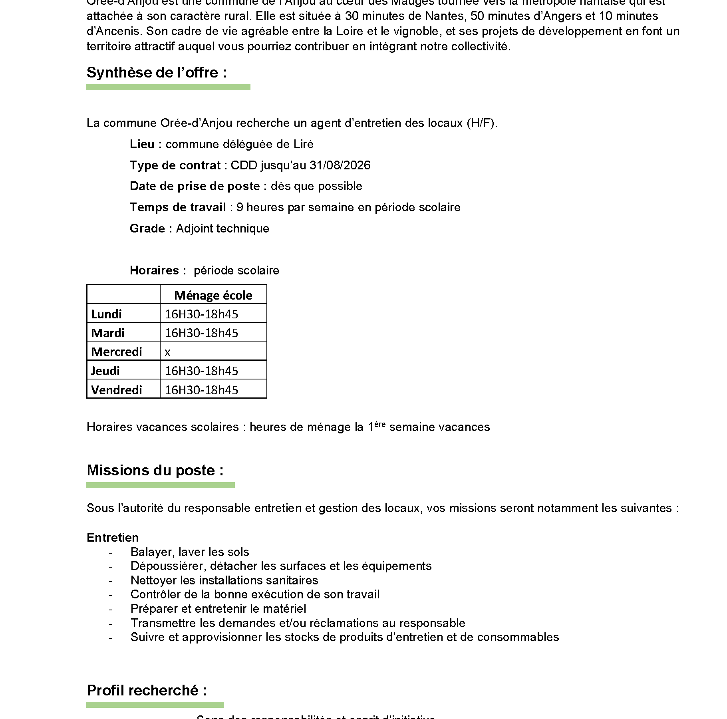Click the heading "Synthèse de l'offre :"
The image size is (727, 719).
[x=157, y=73]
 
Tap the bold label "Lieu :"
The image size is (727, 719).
[x=146, y=144]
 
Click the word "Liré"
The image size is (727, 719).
[x=303, y=144]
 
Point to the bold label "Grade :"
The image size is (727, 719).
[x=151, y=228]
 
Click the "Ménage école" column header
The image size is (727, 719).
[x=213, y=295]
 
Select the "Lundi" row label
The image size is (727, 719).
[x=106, y=314]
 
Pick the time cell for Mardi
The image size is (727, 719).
[x=201, y=333]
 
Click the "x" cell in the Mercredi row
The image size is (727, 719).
[x=167, y=352]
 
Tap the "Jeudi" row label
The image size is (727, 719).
[x=105, y=371]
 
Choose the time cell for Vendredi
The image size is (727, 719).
[x=201, y=390]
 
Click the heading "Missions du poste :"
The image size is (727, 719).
[x=155, y=471]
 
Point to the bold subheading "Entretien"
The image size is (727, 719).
[x=113, y=538]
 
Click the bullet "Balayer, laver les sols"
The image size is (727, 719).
[x=190, y=552]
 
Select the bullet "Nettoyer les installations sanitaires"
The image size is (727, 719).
[x=224, y=580]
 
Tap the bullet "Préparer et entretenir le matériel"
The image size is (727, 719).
[x=218, y=609]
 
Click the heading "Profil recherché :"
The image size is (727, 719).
[x=147, y=691]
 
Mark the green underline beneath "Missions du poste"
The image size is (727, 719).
[x=160, y=485]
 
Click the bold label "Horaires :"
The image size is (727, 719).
[x=158, y=270]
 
